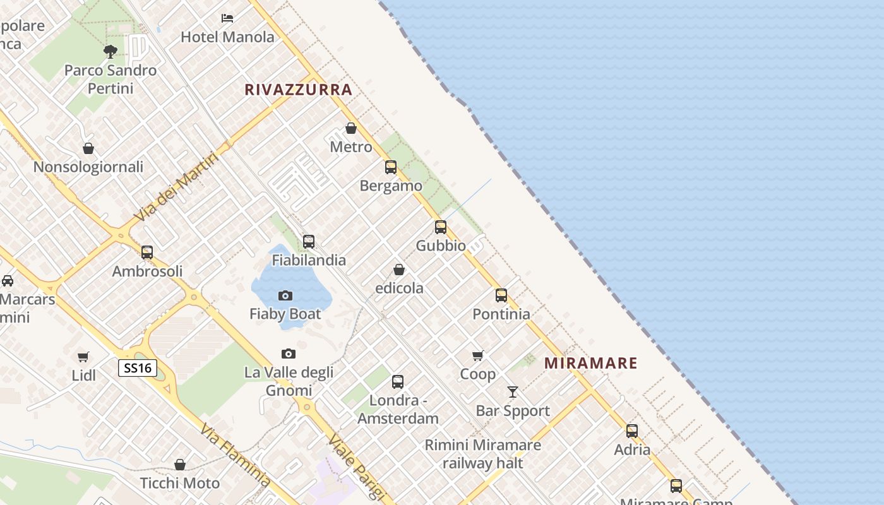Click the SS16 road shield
(137, 368)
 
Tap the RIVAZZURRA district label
(298, 90)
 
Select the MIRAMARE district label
(590, 363)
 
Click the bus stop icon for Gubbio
(441, 227)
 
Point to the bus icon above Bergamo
(391, 167)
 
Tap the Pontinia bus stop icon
(501, 295)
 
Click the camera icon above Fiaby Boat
(285, 295)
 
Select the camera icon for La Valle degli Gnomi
(289, 353)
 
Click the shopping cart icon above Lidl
(83, 357)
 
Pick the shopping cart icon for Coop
(478, 355)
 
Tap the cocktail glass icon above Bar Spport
(513, 392)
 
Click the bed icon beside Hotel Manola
(227, 18)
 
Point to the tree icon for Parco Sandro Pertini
(110, 51)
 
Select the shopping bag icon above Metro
(351, 128)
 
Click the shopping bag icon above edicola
(399, 270)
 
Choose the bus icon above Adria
(632, 431)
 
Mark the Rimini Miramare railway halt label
(482, 454)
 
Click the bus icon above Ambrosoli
(147, 252)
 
